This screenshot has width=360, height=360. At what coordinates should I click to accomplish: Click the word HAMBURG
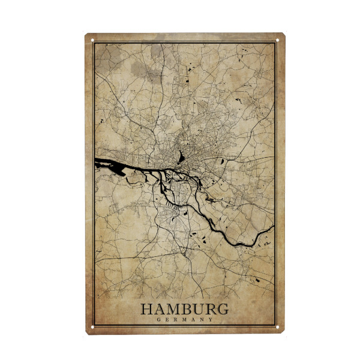(x=184, y=310)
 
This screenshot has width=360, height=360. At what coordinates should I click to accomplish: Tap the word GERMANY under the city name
(x=184, y=320)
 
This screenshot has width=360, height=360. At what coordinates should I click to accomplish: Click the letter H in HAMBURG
(x=147, y=310)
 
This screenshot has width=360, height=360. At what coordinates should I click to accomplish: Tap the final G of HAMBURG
(x=222, y=310)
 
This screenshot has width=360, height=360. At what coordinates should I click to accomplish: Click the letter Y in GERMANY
(x=211, y=320)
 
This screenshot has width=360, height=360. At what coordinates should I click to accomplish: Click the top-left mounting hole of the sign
(x=93, y=41)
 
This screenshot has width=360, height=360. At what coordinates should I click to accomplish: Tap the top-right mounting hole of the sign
(x=278, y=41)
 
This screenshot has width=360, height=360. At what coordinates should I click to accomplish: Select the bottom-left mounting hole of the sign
(x=93, y=327)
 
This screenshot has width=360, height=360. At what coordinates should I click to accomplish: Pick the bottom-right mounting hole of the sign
(x=278, y=327)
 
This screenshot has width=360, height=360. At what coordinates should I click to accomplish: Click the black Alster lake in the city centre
(x=181, y=158)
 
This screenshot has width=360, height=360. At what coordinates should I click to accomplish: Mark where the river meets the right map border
(x=274, y=226)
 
